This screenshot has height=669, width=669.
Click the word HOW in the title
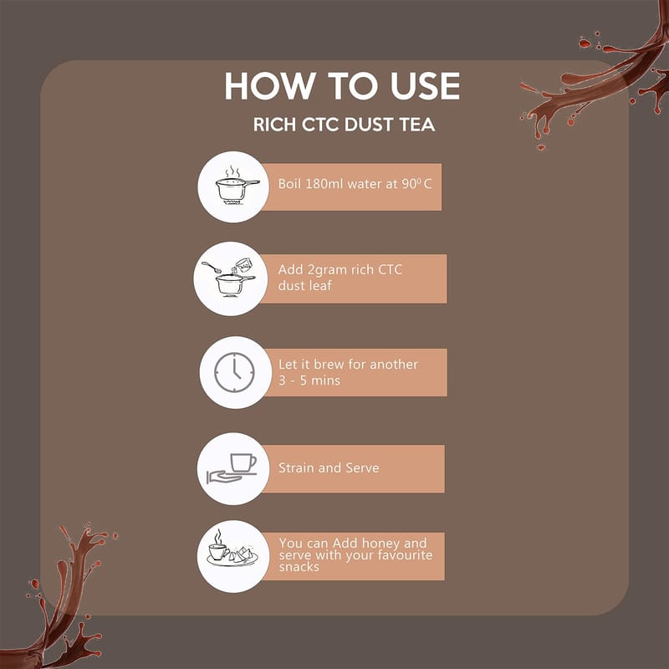coord(268,86)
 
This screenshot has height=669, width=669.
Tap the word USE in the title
coord(425,86)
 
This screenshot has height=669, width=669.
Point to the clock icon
coord(234,372)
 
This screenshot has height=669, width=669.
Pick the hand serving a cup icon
coord(232,468)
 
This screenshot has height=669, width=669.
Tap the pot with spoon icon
coord(228,278)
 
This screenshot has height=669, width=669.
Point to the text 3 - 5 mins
coord(309,380)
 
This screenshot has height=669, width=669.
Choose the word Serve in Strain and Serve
coord(362,467)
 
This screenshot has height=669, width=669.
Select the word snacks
coord(299,567)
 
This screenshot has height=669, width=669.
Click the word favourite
coord(405,555)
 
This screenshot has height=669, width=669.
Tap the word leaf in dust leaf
coord(320,285)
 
